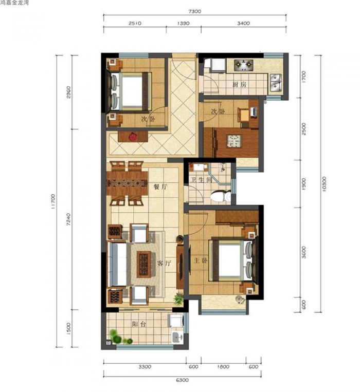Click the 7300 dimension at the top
tap(195, 11)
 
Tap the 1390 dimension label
tap(184, 23)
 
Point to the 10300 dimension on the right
tap(324, 184)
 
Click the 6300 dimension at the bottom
tap(183, 380)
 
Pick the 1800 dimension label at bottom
tap(223, 367)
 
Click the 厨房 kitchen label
tap(239, 84)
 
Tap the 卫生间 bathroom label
tap(201, 179)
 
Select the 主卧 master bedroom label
tap(201, 261)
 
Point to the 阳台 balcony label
tap(139, 324)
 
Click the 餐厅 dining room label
tap(160, 186)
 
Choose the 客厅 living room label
tap(164, 263)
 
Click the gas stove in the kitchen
tap(244, 65)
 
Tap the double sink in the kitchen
tap(276, 83)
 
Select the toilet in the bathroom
tap(221, 196)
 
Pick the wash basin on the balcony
tap(177, 338)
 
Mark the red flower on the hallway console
tap(132, 137)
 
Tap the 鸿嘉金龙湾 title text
tap(14, 3)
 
